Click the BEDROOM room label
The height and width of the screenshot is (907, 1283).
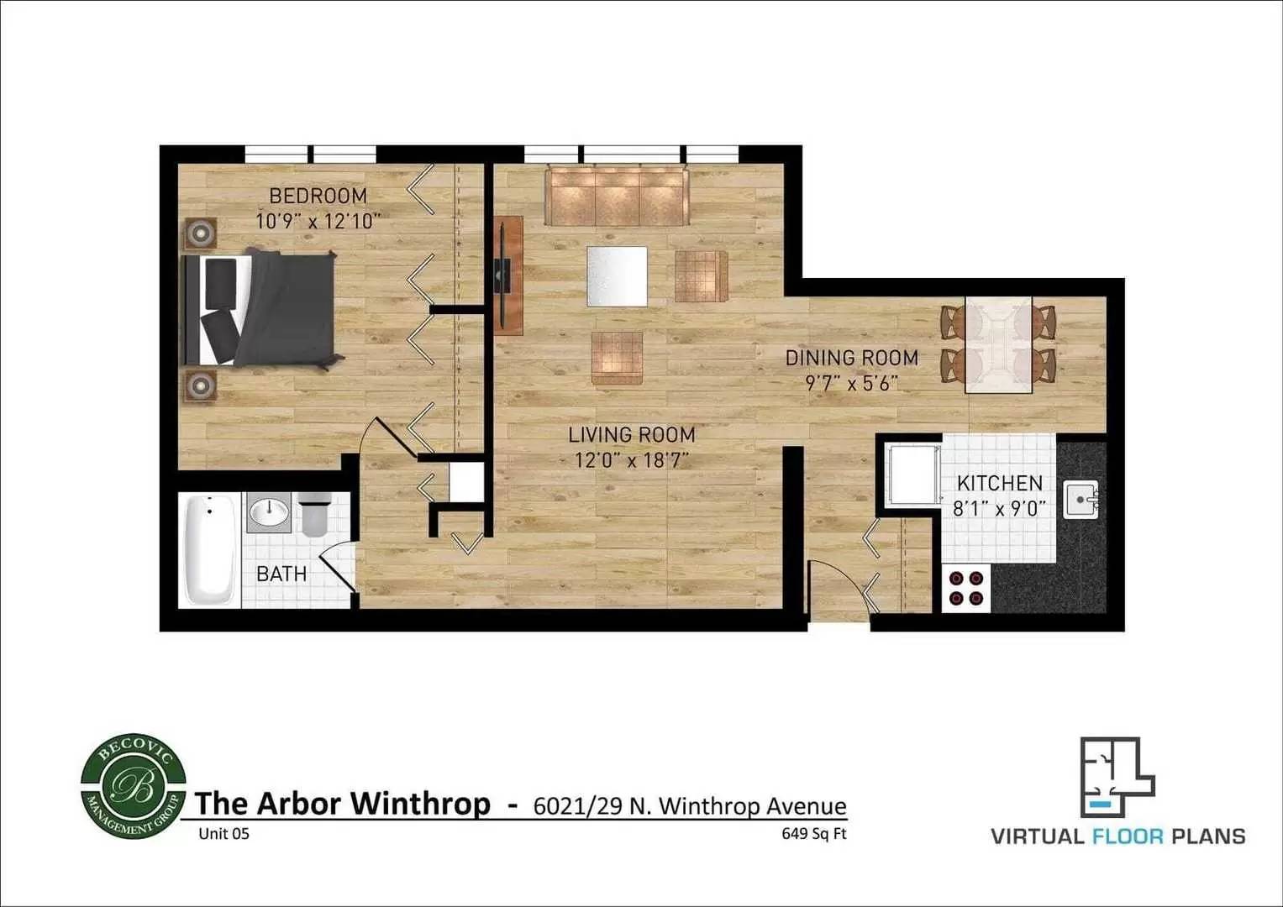click(x=318, y=196)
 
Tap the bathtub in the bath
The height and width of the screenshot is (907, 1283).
click(x=209, y=550)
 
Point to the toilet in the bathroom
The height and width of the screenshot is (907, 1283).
click(x=314, y=514)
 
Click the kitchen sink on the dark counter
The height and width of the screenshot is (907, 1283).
click(x=1081, y=500)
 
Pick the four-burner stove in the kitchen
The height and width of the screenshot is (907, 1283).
click(x=966, y=588)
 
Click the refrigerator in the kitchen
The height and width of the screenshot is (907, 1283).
click(x=914, y=474)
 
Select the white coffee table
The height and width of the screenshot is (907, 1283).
click(x=617, y=276)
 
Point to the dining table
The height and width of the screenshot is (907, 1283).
click(x=998, y=344)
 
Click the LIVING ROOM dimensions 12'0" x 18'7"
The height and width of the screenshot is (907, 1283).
click(x=632, y=460)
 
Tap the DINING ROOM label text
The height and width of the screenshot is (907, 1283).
click(x=852, y=358)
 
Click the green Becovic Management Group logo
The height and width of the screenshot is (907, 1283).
click(x=134, y=787)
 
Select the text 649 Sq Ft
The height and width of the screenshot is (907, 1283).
click(x=814, y=834)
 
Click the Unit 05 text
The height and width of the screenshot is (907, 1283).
click(x=224, y=834)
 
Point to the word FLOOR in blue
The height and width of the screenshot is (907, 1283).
click(x=1128, y=836)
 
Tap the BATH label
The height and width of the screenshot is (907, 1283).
click(x=281, y=574)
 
